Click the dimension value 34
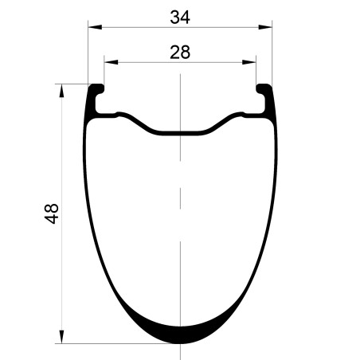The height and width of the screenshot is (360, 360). [x=180, y=18]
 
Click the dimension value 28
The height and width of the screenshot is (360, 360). [x=180, y=53]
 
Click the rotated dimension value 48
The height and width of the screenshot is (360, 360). [x=51, y=213]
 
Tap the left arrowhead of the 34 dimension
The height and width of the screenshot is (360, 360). [x=95, y=27]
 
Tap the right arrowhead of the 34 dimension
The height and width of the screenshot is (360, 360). [x=265, y=27]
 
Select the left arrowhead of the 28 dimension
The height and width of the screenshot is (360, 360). [x=111, y=62]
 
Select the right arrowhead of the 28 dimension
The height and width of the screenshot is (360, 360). [x=249, y=62]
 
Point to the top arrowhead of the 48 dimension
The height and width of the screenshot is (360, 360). [x=61, y=91]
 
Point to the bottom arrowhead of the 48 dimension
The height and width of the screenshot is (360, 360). [x=61, y=337]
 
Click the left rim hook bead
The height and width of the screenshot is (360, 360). [x=96, y=89]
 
